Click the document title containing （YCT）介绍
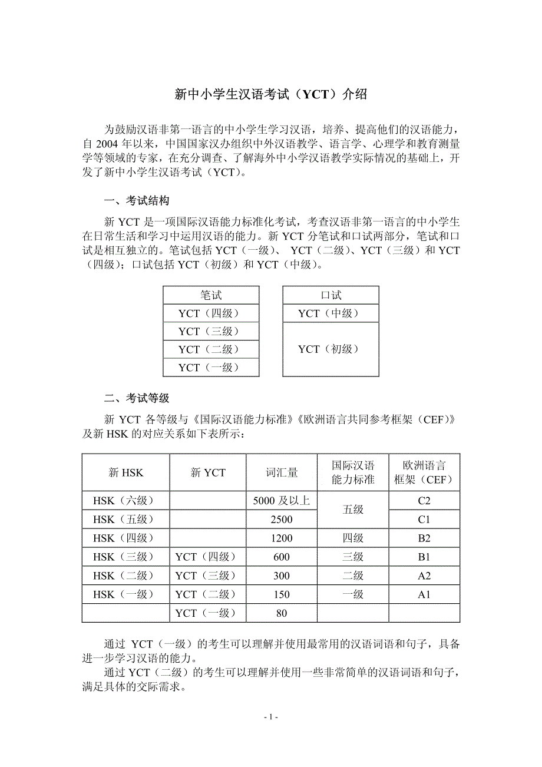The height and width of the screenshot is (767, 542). point(271,94)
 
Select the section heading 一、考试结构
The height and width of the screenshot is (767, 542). point(137,201)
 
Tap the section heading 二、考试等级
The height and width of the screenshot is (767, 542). point(137,398)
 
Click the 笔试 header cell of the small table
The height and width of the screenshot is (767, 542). point(211,295)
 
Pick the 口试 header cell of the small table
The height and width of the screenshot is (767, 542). point(331,295)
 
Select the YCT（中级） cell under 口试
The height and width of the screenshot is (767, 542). point(331,313)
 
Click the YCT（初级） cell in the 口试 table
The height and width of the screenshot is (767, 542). point(331,349)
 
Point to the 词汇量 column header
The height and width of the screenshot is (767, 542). point(282,472)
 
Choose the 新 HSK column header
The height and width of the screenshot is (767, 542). point(126,472)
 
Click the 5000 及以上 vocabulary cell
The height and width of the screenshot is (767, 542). point(282,501)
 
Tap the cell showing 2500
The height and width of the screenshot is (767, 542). point(282,520)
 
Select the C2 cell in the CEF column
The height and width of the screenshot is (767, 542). point(424,501)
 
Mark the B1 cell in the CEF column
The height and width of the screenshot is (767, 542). point(424,557)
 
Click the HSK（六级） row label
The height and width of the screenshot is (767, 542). point(126,501)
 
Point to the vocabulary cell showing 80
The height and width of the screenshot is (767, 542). point(282,613)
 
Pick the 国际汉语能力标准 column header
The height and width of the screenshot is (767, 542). point(353,472)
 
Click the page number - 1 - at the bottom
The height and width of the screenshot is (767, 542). point(271,717)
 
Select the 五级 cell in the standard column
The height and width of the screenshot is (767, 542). point(353,510)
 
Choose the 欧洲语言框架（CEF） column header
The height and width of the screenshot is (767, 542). point(424,472)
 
